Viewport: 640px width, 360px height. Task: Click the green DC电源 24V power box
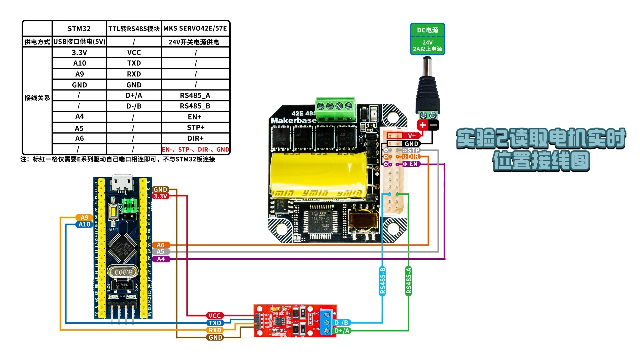click(x=427, y=39)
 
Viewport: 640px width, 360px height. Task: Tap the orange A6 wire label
click(x=161, y=245)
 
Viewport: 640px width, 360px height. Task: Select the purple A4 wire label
click(x=161, y=259)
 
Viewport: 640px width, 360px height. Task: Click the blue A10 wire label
click(x=84, y=224)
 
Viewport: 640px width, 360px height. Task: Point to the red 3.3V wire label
click(x=160, y=196)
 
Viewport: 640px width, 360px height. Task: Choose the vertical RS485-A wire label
click(x=409, y=280)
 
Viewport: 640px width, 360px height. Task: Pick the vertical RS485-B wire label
click(x=382, y=280)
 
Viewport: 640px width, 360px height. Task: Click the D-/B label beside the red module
click(x=341, y=322)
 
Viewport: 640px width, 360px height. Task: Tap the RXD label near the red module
click(x=215, y=330)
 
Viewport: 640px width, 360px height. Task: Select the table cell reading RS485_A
click(x=195, y=95)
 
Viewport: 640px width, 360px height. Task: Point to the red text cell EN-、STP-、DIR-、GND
click(x=196, y=149)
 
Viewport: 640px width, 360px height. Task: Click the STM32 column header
click(x=79, y=29)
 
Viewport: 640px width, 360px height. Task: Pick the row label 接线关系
click(x=37, y=98)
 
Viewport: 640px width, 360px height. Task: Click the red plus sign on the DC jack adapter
click(x=423, y=125)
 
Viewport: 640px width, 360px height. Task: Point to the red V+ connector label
click(x=412, y=136)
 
